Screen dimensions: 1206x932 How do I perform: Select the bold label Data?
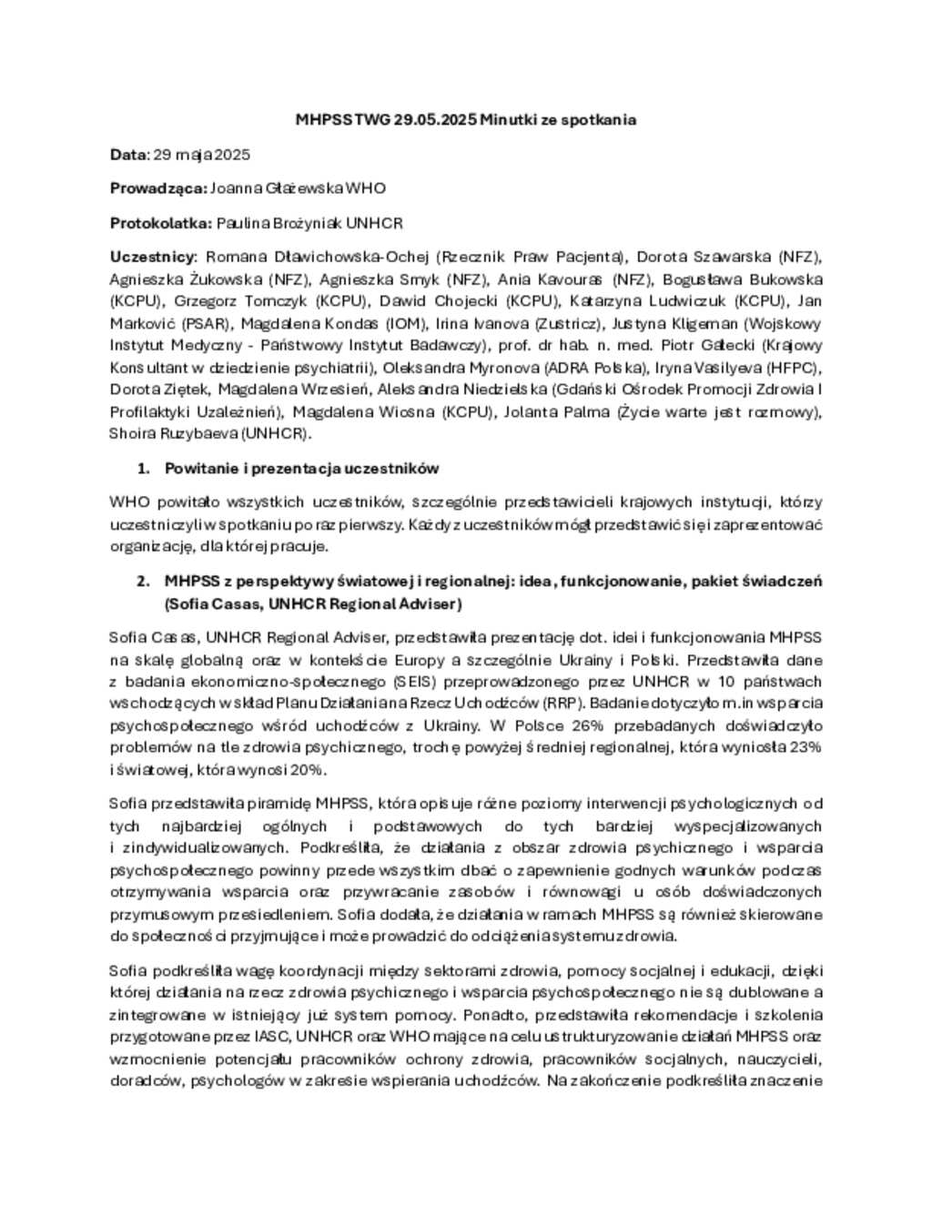point(128,155)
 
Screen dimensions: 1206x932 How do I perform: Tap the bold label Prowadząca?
point(158,188)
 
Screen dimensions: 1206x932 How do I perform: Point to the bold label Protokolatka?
point(161,223)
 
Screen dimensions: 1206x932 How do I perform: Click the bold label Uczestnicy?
point(152,257)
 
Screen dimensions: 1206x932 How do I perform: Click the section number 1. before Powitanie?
point(143,469)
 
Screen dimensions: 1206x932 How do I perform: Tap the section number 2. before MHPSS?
point(143,581)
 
